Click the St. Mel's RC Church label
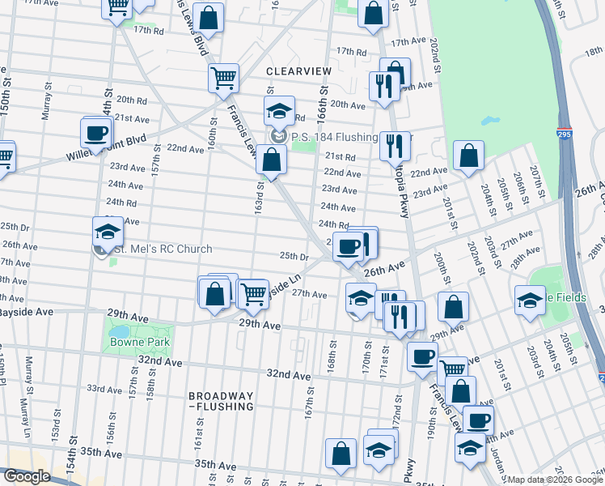click(162, 249)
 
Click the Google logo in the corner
click(27, 476)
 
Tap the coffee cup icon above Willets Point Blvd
click(96, 132)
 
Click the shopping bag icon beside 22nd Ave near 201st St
click(468, 156)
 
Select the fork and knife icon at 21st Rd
click(394, 146)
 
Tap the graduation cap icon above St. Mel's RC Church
click(108, 232)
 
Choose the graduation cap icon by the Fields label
click(530, 301)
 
